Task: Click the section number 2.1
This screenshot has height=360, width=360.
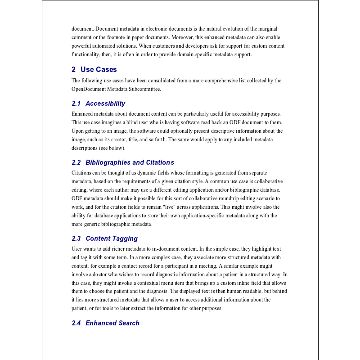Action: (x=76, y=103)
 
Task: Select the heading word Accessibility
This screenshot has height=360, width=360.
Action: (x=105, y=103)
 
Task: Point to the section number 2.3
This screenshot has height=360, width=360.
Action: (x=76, y=238)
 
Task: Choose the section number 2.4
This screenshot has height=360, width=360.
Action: (x=76, y=323)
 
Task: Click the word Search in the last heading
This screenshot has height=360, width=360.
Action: (x=129, y=323)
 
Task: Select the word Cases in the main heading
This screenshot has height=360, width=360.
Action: (x=106, y=69)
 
